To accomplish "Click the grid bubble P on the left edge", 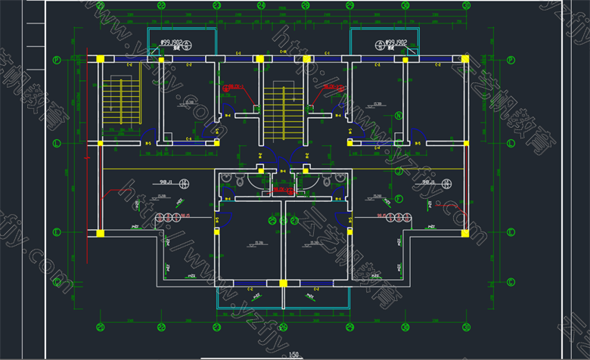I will [x=56, y=60].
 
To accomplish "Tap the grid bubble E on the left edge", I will [x=56, y=232].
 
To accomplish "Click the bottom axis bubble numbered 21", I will [x=100, y=327].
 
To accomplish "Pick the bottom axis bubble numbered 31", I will [x=463, y=327].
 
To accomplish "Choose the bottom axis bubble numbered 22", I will [x=161, y=327].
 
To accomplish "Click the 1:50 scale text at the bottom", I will [x=294, y=354].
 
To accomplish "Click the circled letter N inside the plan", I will [x=398, y=116].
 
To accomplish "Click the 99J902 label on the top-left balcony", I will [x=172, y=43].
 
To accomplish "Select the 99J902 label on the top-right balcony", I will [x=396, y=43].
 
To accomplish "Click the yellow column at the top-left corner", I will [x=100, y=58].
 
